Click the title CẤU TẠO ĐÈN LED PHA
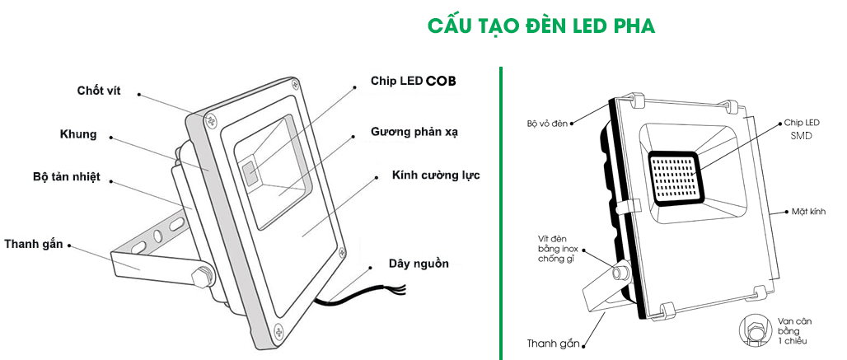click(x=541, y=26)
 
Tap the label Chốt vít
click(x=99, y=91)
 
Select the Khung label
click(x=78, y=134)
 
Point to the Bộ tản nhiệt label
click(x=67, y=177)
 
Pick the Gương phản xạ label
click(x=414, y=132)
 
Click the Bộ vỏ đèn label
click(x=548, y=124)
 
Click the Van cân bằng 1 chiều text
click(x=796, y=330)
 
